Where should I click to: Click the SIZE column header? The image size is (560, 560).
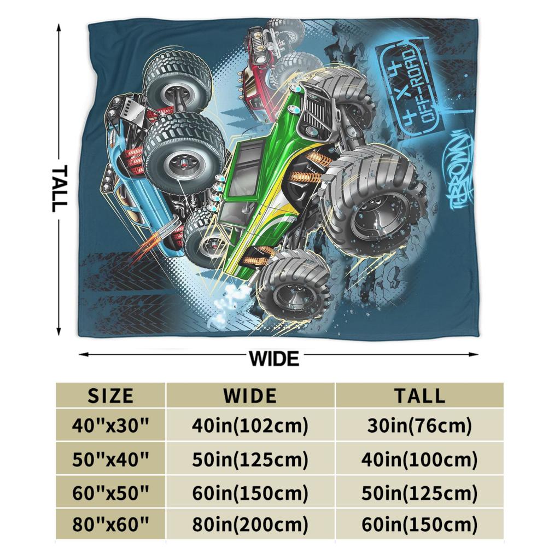tap(110, 395)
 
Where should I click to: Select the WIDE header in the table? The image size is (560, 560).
tap(250, 395)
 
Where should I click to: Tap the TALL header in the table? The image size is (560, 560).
tap(419, 395)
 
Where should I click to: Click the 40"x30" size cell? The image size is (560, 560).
tap(110, 425)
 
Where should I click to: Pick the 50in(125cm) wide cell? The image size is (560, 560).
tap(250, 459)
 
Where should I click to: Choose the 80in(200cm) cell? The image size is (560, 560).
tap(250, 526)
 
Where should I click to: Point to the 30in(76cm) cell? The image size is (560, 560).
tap(419, 425)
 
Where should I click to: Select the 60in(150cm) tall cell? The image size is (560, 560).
tap(419, 526)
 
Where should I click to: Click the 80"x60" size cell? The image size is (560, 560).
tap(110, 526)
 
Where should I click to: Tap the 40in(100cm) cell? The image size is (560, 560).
tap(419, 459)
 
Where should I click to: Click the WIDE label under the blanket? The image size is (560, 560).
tap(274, 359)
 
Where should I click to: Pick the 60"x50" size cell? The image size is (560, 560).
tap(110, 493)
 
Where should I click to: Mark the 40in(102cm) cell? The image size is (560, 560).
tap(250, 425)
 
